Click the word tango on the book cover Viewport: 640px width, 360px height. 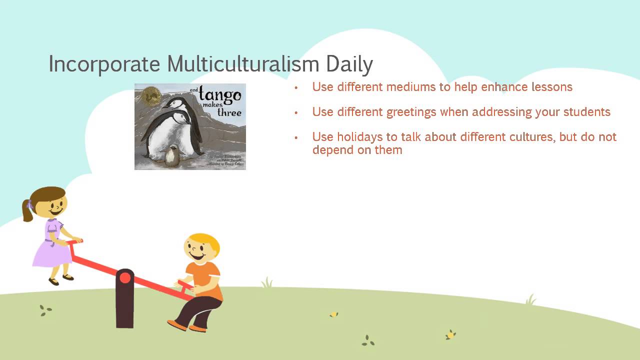pyautogui.click(x=219, y=94)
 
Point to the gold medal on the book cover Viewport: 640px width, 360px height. pyautogui.click(x=148, y=95)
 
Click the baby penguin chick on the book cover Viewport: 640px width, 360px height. pyautogui.click(x=172, y=155)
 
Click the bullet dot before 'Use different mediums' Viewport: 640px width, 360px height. pyautogui.click(x=296, y=87)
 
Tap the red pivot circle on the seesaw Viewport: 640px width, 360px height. pyautogui.click(x=124, y=277)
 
